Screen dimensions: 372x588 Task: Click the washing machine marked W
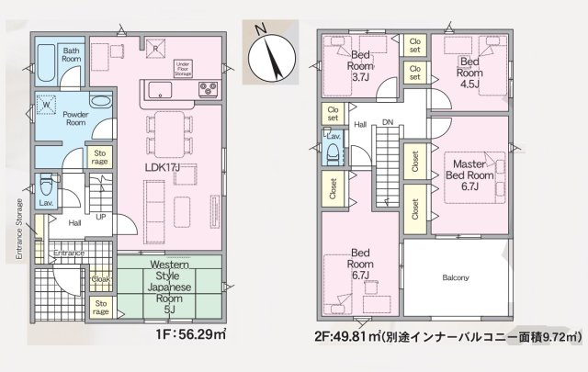point(47,105)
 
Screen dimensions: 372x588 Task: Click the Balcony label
point(456,277)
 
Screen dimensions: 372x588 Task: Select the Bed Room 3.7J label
point(361,71)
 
